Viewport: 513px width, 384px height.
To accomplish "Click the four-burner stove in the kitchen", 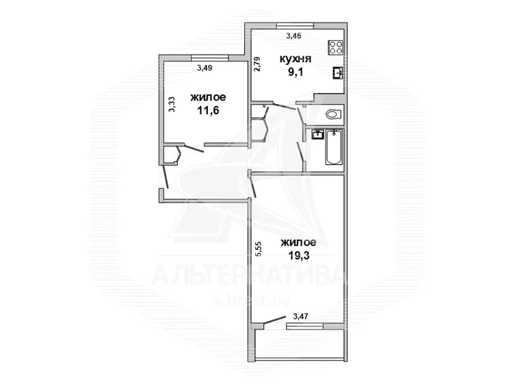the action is click(x=336, y=47).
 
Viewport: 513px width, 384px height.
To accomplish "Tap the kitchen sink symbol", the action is click(x=338, y=73).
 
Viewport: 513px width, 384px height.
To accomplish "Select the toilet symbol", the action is click(x=334, y=114).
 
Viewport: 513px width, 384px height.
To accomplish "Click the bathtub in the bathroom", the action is click(x=334, y=147).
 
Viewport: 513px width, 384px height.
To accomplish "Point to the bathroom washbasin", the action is click(x=317, y=134).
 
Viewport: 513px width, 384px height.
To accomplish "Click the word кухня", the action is click(x=295, y=59).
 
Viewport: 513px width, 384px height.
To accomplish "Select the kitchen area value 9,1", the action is click(x=295, y=72).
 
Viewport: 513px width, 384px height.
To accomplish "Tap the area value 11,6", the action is click(x=208, y=111).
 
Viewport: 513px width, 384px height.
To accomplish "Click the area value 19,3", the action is click(x=299, y=256).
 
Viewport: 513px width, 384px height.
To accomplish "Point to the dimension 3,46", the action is click(x=293, y=36).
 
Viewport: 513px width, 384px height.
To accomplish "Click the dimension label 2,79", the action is click(x=257, y=64).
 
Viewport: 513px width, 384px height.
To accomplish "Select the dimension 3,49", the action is click(x=205, y=68).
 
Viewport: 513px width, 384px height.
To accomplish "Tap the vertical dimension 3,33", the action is click(x=172, y=105).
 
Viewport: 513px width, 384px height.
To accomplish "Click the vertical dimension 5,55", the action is click(x=258, y=248).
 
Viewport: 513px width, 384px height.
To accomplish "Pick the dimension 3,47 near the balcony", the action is click(x=301, y=316).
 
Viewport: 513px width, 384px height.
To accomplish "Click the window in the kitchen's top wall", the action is click(x=295, y=25).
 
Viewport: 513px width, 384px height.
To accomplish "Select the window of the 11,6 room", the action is click(x=210, y=58).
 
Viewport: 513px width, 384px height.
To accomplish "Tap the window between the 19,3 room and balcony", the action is click(x=305, y=326).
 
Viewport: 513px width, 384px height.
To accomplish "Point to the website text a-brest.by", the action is click(x=251, y=300).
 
